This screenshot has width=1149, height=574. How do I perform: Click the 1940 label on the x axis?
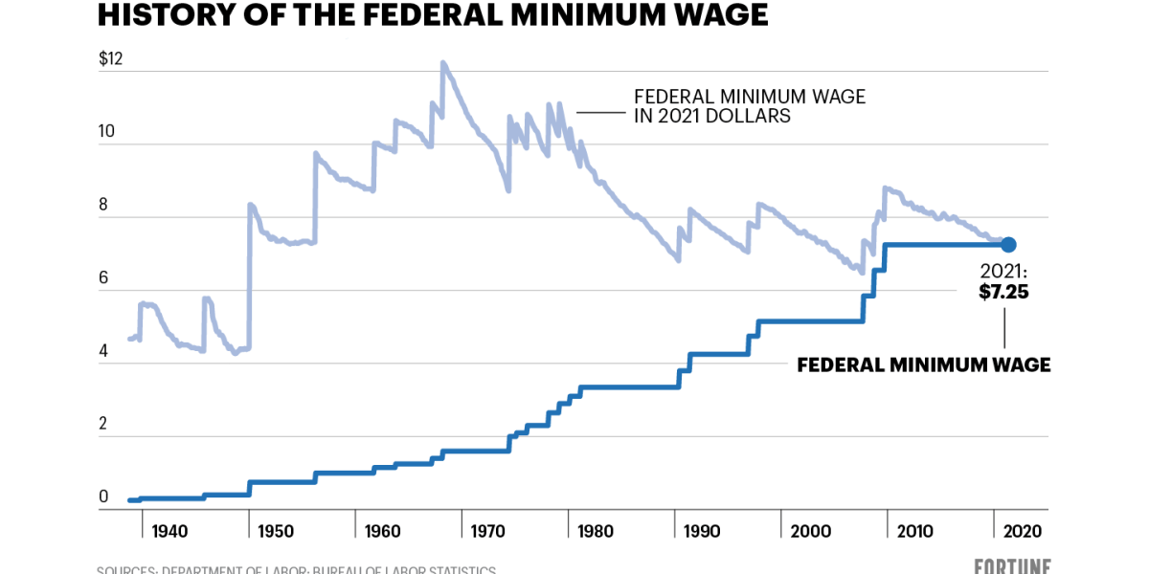coord(169,532)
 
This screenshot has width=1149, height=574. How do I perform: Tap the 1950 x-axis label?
coord(277,532)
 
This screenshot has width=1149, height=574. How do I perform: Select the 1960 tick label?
coord(383,532)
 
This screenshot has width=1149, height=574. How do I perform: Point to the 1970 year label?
coord(489,532)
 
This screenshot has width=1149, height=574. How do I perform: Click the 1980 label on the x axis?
coord(596,532)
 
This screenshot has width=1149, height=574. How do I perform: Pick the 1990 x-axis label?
coord(702,532)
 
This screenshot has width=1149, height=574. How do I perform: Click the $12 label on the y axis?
coord(111,58)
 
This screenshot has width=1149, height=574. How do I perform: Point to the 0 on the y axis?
coord(104,497)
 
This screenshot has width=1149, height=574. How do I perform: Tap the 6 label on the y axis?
coord(104,278)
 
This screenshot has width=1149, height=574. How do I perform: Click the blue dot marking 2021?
coord(1008,245)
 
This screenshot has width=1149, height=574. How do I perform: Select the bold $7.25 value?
coord(1003,293)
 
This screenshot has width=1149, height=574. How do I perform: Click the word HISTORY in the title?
coord(162,16)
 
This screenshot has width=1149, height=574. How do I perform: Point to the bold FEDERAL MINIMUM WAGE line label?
coord(924,364)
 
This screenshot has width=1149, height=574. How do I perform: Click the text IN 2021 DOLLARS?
coord(712,117)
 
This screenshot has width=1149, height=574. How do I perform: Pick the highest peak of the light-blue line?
coord(442,63)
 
